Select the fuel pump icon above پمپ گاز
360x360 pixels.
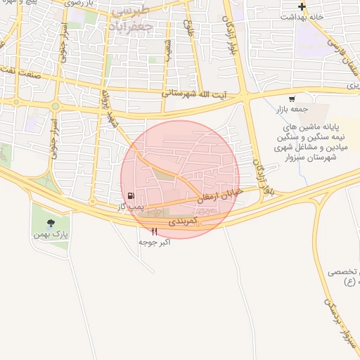click(131, 195)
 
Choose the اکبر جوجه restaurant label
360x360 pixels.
click(155, 242)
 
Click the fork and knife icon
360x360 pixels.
click(155, 231)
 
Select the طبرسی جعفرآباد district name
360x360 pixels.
click(141, 17)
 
